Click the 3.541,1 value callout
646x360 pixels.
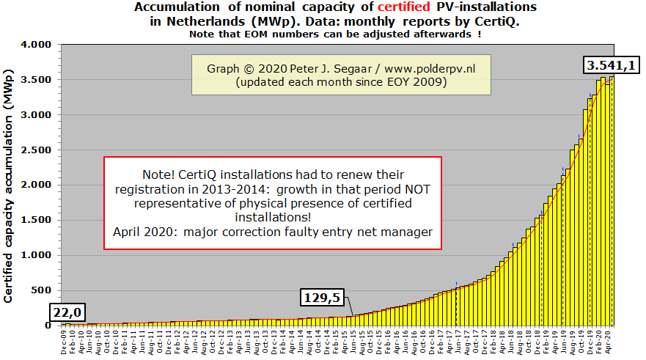(610, 66)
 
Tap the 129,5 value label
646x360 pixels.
(323, 298)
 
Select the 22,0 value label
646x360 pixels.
(67, 310)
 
